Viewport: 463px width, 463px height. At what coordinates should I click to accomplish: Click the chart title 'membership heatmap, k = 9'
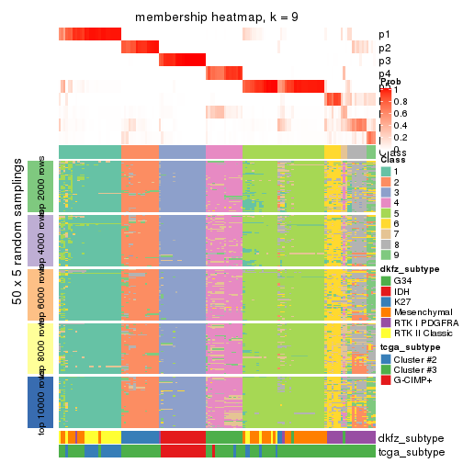tap(217, 17)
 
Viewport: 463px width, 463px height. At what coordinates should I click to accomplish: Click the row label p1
tap(384, 35)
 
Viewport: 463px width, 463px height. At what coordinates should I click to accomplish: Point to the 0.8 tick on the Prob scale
tap(401, 102)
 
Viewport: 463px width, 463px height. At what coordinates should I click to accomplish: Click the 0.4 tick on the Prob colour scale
tap(401, 125)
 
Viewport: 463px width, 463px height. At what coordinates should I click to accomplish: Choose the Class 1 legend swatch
tap(386, 173)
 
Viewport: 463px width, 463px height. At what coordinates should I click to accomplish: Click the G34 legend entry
tap(386, 280)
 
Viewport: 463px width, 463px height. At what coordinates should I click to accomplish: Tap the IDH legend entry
tap(386, 290)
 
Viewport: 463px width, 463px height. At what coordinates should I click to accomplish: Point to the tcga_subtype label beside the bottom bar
tap(410, 452)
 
